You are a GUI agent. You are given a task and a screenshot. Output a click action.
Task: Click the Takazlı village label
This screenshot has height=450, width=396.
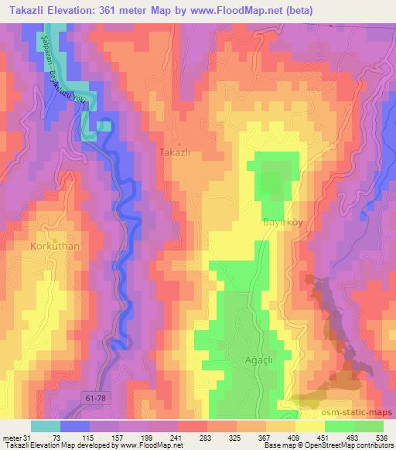tap(174, 153)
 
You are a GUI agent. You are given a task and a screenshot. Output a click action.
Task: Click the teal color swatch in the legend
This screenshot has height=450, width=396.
tap(46, 427)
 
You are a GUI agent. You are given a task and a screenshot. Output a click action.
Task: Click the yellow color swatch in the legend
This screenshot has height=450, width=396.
tap(310, 427)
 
